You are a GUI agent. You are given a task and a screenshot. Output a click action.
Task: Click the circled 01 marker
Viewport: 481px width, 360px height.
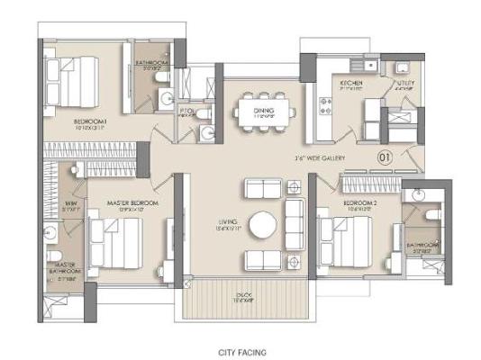tap(383, 157)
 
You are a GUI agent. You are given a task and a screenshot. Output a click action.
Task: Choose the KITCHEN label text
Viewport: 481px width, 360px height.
tap(351, 82)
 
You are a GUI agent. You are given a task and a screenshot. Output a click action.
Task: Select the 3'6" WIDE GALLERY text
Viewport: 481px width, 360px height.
tap(320, 157)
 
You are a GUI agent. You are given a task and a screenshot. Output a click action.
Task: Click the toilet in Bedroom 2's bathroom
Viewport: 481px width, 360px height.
tap(430, 216)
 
